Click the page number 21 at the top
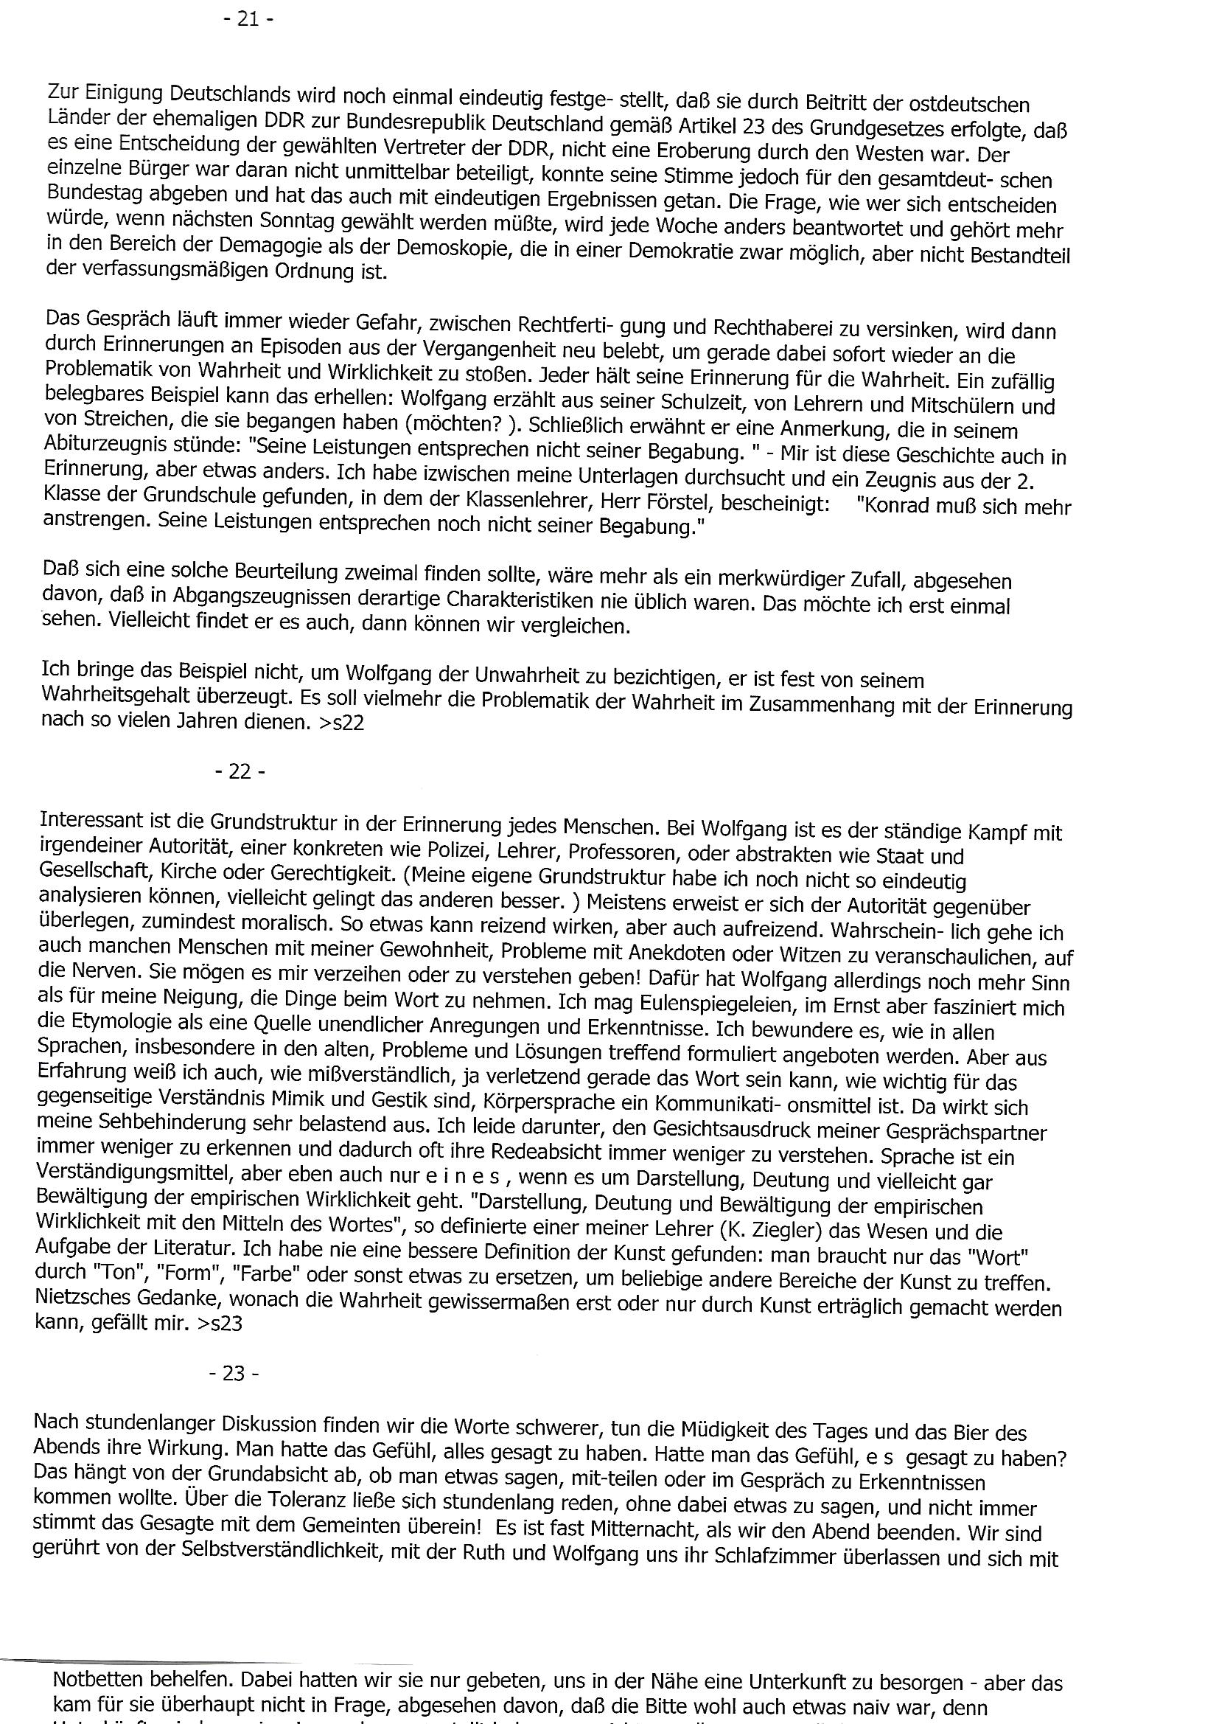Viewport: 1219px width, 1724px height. (248, 19)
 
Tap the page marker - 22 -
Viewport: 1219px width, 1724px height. (240, 772)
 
